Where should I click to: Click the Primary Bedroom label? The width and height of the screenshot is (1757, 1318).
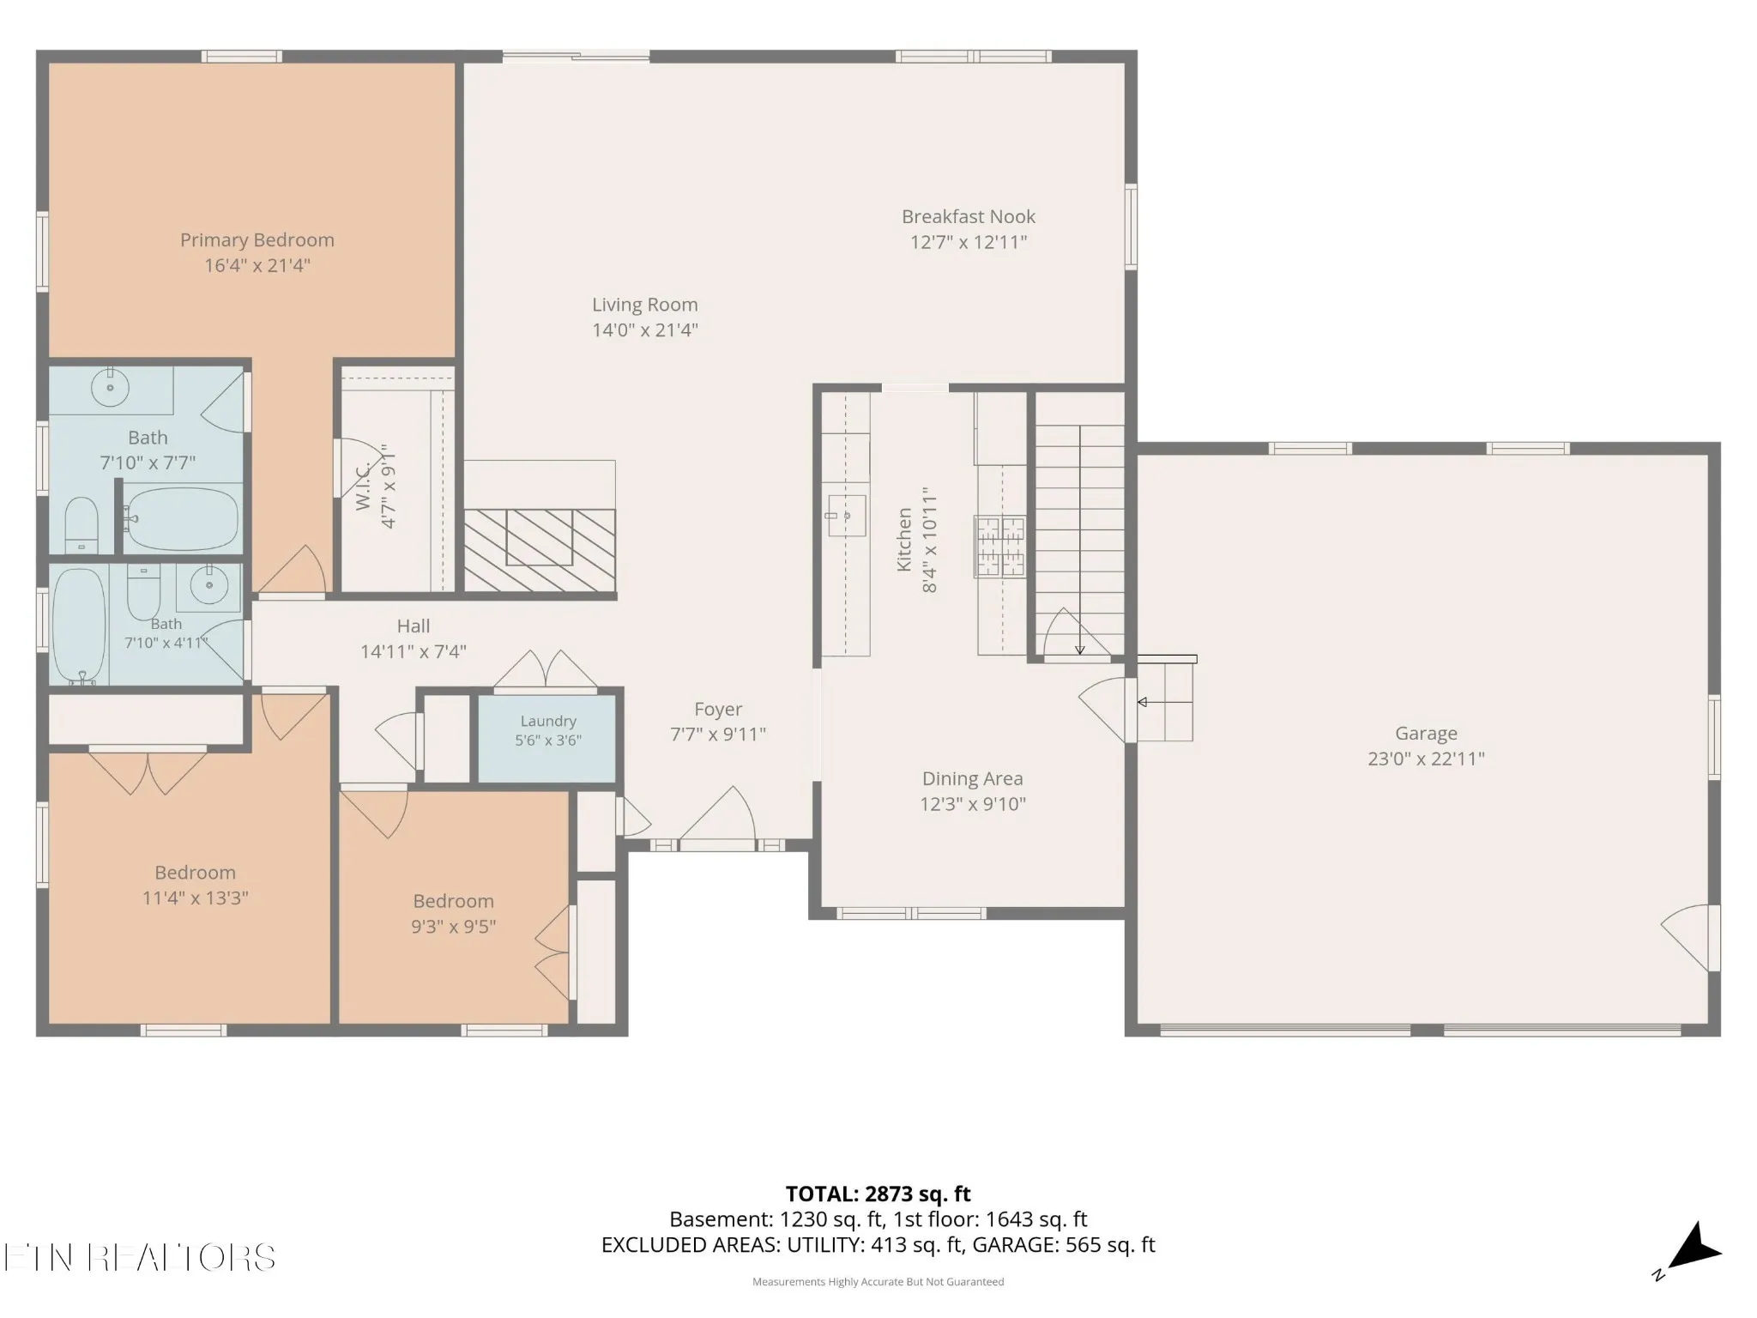click(x=257, y=240)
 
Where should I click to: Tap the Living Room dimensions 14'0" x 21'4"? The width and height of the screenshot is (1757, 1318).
click(x=645, y=329)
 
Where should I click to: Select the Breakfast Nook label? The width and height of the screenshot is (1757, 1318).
click(x=969, y=216)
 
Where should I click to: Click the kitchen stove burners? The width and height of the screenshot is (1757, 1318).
click(x=999, y=547)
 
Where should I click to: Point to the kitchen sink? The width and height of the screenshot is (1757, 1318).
click(x=845, y=515)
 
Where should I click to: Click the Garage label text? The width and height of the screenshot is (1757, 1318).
click(x=1426, y=734)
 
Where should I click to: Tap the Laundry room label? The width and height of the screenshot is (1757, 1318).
click(x=548, y=722)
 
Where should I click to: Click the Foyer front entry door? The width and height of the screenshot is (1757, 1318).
click(x=717, y=817)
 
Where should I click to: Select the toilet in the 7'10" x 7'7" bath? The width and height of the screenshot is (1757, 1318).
click(x=82, y=523)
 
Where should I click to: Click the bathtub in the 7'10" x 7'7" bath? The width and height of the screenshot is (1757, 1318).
click(x=182, y=520)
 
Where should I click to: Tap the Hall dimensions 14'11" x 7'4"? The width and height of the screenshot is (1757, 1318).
click(x=414, y=651)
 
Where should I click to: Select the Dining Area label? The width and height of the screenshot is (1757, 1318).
click(x=973, y=778)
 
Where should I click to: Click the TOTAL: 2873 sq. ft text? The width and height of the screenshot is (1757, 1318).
click(x=878, y=1194)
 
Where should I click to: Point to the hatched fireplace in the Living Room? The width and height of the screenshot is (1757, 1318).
click(x=540, y=550)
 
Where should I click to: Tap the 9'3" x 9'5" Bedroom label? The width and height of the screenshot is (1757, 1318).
click(x=454, y=901)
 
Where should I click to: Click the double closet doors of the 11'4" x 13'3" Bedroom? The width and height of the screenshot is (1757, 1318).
click(x=148, y=770)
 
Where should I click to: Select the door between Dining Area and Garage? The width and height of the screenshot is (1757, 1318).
click(x=1107, y=710)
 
